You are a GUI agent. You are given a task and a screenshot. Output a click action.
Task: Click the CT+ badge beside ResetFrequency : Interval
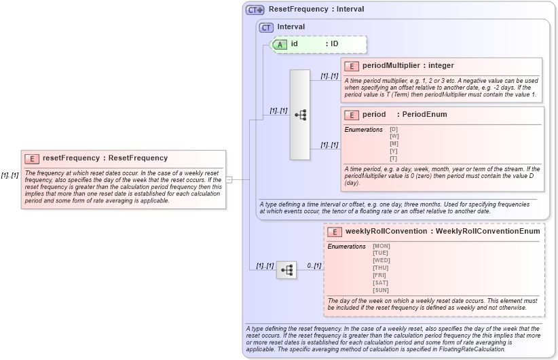coord(255,10)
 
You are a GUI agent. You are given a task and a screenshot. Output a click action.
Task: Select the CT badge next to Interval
coord(266,27)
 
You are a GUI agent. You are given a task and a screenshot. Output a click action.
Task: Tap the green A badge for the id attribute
coord(280,44)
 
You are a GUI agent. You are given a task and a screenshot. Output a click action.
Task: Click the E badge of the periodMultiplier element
coord(352,66)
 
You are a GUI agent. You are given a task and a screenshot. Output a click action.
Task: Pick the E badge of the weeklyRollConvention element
coord(334,232)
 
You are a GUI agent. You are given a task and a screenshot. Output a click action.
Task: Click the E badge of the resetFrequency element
coord(31,158)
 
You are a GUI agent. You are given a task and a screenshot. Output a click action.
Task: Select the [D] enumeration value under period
coord(394,129)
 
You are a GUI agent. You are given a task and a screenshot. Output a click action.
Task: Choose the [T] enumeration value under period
coord(394,158)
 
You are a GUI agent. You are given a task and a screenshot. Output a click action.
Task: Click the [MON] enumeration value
coord(382,246)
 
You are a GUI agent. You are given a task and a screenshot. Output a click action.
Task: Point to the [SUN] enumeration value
coord(381,290)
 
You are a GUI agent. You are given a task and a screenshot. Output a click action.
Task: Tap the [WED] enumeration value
coord(382,261)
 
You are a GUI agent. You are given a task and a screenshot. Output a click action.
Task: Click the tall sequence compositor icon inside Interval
coord(300,115)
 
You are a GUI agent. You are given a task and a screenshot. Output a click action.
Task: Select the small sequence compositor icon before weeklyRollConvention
coord(286,270)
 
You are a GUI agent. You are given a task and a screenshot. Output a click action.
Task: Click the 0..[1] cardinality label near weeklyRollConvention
coord(314,266)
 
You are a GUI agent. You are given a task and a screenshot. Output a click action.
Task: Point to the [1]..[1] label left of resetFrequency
coord(10,175)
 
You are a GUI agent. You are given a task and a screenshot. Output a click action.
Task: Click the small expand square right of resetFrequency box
coord(229,179)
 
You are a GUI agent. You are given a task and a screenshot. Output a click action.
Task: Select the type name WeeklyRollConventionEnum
coord(487,232)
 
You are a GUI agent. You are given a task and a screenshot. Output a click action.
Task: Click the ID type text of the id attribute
coord(334,44)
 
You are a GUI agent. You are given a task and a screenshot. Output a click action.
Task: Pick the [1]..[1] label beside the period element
coord(329,145)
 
